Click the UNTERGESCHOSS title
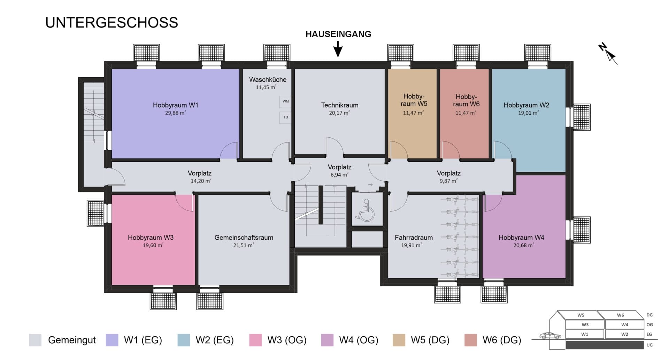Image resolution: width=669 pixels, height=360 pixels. [x=111, y=23]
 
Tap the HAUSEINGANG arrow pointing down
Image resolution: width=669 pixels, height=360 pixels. [x=338, y=49]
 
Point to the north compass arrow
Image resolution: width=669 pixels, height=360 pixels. [x=608, y=54]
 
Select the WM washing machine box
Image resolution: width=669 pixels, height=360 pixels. [x=285, y=101]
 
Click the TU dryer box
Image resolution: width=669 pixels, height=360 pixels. [x=285, y=117]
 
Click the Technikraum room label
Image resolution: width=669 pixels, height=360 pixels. [x=340, y=105]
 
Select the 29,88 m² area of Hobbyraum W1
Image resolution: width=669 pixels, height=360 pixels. [x=176, y=113]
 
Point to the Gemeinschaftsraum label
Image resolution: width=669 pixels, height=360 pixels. [x=244, y=238]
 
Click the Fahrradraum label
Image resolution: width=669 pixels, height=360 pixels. [x=414, y=238]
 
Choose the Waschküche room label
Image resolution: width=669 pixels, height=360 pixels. [x=268, y=79]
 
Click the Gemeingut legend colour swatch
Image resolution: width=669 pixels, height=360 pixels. [x=35, y=340]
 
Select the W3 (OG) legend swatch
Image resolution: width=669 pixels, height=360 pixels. [x=256, y=340]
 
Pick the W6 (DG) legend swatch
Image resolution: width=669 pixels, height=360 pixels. [x=471, y=340]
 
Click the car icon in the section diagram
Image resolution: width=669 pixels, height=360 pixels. [x=550, y=336]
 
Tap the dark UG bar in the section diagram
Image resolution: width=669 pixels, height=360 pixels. [x=605, y=345]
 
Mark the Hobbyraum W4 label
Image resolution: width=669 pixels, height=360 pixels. [x=521, y=238]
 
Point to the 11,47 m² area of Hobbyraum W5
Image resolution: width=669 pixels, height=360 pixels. [x=414, y=113]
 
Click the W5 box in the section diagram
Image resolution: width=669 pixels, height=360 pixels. [x=581, y=315]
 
